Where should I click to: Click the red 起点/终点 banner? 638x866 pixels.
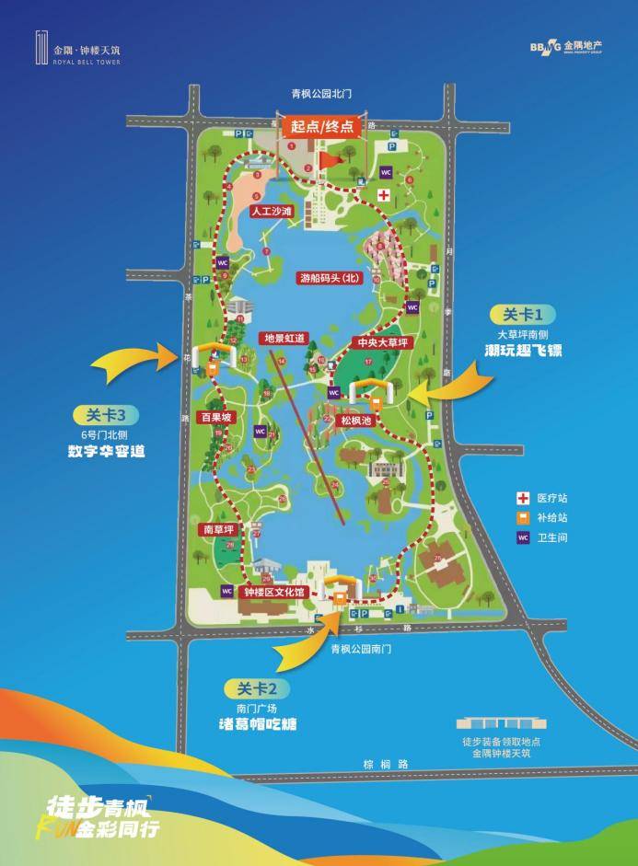click(x=322, y=128)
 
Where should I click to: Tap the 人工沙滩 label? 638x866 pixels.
click(x=271, y=211)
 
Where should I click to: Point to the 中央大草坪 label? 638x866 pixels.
click(x=383, y=343)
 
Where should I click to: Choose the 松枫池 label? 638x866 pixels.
click(x=355, y=420)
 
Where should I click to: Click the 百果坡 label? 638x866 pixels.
click(x=217, y=417)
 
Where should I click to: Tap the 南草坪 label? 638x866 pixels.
click(x=217, y=530)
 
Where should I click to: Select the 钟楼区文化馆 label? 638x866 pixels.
click(x=273, y=593)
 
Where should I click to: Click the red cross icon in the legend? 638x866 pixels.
click(x=521, y=498)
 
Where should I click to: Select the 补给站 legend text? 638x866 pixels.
click(x=555, y=517)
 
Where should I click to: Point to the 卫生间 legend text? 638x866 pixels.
click(x=555, y=537)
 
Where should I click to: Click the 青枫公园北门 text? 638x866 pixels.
click(x=321, y=94)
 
